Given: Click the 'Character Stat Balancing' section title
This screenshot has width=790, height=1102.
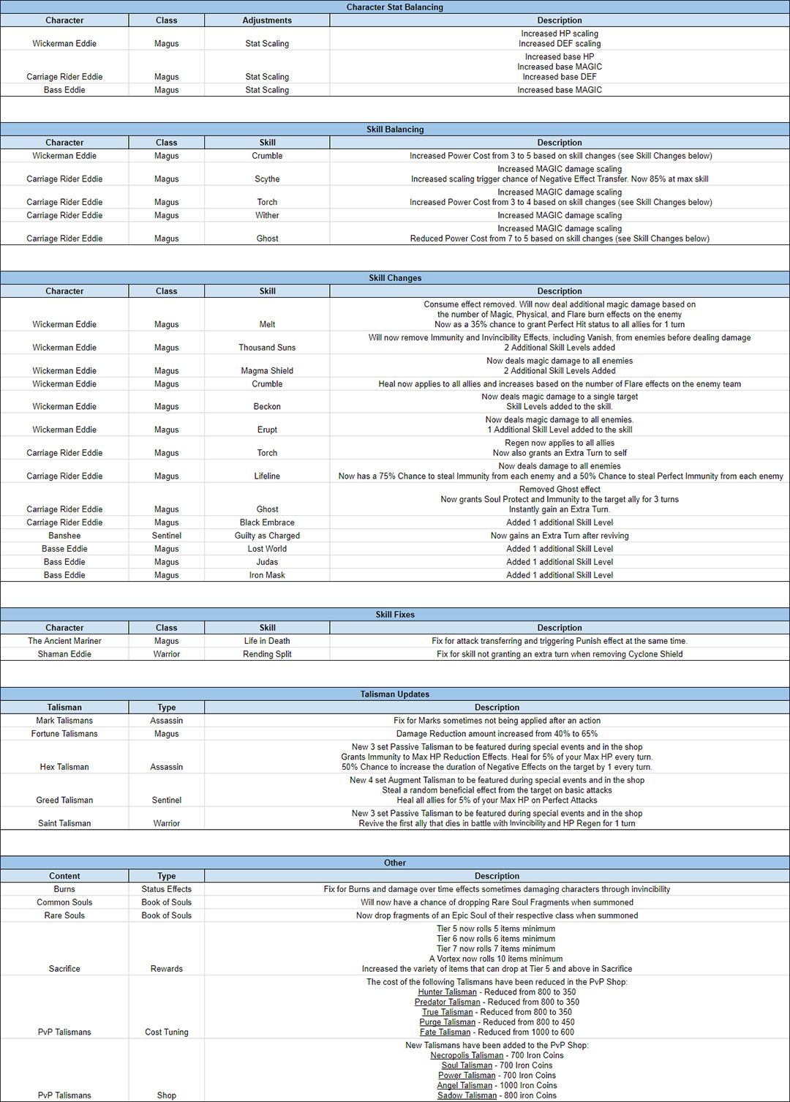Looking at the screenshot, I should [394, 7].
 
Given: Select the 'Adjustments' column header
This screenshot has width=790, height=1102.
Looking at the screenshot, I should [267, 20].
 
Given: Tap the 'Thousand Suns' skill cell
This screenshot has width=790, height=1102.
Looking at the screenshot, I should [267, 348].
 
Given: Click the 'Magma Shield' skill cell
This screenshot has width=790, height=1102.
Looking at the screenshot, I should [267, 371].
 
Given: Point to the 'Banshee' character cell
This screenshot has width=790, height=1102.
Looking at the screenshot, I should [64, 536].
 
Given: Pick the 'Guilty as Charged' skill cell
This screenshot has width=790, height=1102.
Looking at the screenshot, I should [267, 536].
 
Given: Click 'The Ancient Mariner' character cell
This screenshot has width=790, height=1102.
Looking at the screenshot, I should [64, 641].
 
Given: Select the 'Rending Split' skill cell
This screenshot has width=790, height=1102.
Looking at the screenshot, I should [267, 654].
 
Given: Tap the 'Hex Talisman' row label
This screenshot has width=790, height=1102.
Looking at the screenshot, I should [64, 767].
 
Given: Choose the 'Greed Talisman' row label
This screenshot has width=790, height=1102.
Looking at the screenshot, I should [64, 801].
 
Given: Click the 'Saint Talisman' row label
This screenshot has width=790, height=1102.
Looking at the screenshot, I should [64, 823].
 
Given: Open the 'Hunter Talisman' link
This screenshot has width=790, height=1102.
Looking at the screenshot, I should [447, 992].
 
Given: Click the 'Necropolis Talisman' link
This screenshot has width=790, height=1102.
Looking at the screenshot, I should [467, 1055].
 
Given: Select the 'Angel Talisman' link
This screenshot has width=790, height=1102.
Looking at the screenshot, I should [464, 1085].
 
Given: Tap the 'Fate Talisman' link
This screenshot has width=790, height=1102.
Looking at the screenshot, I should [445, 1032].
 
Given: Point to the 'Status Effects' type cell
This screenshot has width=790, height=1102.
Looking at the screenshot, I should [167, 889].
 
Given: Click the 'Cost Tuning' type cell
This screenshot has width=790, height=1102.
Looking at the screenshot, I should [167, 1032].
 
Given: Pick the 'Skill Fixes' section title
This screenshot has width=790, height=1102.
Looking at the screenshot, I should [394, 615].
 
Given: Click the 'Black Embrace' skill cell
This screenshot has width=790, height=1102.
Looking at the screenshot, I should [267, 522].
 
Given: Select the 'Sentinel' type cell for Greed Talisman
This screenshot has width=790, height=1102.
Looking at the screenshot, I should [167, 801].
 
